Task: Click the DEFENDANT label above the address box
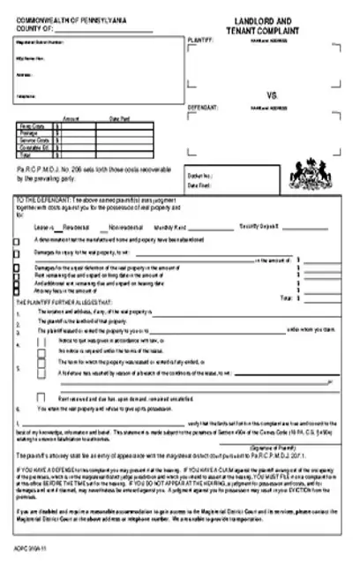pyautogui.click(x=203, y=106)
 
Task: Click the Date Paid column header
pyautogui.click(x=119, y=118)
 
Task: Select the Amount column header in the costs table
pyautogui.click(x=71, y=118)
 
